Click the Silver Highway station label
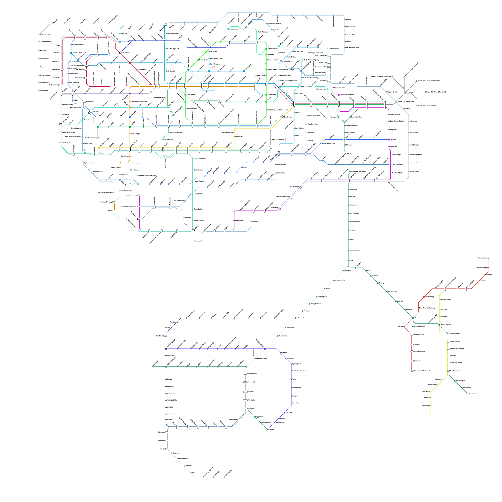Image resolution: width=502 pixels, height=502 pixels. tap(446, 325)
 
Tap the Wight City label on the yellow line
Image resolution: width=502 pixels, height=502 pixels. tap(443, 316)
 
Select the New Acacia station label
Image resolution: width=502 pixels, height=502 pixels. tap(283, 336)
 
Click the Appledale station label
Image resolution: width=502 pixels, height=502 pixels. tap(259, 417)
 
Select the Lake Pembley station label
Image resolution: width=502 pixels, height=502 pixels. tap(56, 78)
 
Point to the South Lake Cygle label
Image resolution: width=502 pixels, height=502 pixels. tap(54, 85)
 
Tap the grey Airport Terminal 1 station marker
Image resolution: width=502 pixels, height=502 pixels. tap(416, 106)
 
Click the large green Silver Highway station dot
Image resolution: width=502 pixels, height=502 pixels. tap(439, 325)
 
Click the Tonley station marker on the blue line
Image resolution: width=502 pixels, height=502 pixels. tap(166, 379)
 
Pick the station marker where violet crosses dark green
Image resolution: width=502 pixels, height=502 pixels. tap(265, 349)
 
